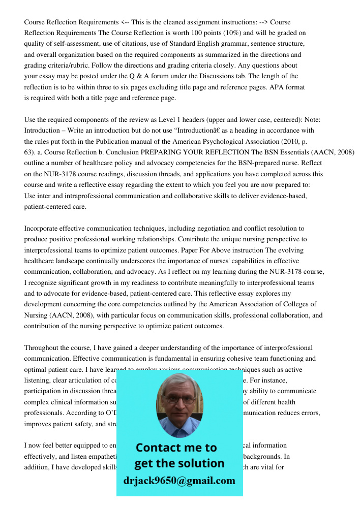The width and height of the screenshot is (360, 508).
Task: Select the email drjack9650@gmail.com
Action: click(x=179, y=481)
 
